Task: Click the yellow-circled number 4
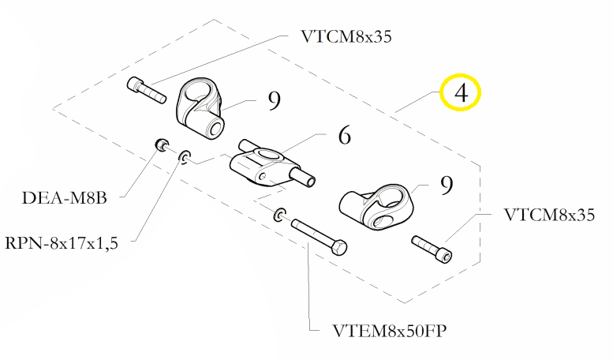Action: pyautogui.click(x=462, y=93)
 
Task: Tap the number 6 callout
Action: pyautogui.click(x=344, y=137)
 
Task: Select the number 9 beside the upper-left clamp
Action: pyautogui.click(x=274, y=101)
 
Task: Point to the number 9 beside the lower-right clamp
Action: pyautogui.click(x=446, y=186)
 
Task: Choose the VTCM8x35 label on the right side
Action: pyautogui.click(x=548, y=215)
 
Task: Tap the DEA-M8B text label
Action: pyautogui.click(x=65, y=198)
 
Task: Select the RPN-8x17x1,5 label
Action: pyautogui.click(x=61, y=243)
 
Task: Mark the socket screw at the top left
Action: pyautogui.click(x=145, y=88)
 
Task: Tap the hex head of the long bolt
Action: pyautogui.click(x=339, y=248)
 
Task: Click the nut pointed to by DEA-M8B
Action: pyautogui.click(x=160, y=144)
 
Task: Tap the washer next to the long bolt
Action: pyautogui.click(x=280, y=215)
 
